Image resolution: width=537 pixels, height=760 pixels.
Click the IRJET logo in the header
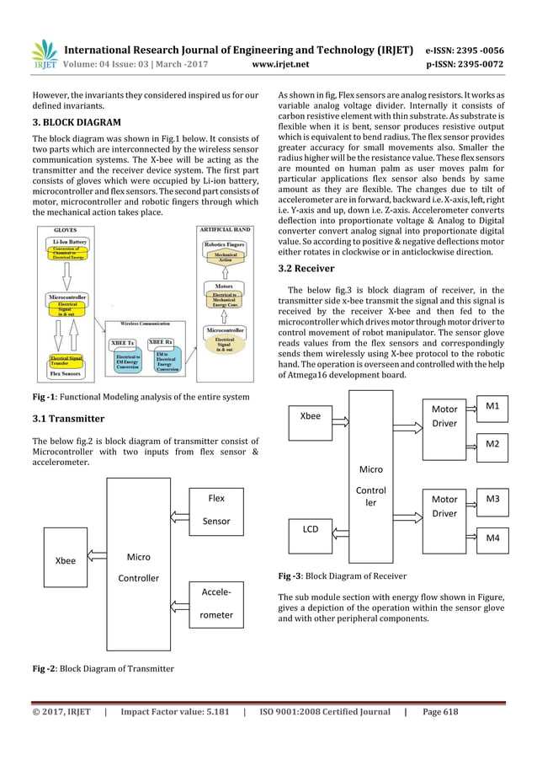43,54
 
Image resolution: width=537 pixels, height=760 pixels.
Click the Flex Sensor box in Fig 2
216,510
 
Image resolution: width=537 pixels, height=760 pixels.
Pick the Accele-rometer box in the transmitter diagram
216,605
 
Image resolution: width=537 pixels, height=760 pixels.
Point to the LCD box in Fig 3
311,531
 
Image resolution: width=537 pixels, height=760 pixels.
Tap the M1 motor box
492,406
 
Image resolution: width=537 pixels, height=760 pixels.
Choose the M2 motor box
492,443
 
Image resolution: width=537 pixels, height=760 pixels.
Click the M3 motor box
492,500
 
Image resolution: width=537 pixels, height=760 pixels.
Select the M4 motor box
492,538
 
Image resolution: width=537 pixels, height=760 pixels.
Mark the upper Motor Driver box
444,416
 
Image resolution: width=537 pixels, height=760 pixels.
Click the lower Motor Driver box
444,506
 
